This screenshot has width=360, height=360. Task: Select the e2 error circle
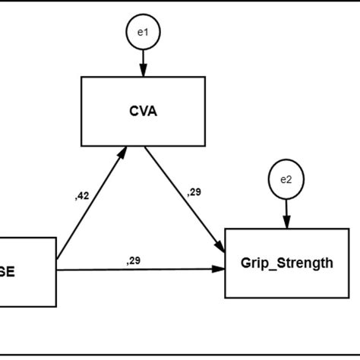pos(286,180)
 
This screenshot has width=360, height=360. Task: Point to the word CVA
pos(143,111)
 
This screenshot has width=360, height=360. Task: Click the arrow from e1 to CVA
pos(143,62)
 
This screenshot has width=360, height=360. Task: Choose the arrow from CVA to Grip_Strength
pos(184,199)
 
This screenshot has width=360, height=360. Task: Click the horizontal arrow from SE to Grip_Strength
pos(141,270)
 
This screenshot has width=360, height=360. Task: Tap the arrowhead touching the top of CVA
pos(143,71)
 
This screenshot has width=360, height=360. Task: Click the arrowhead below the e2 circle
pos(286,222)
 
